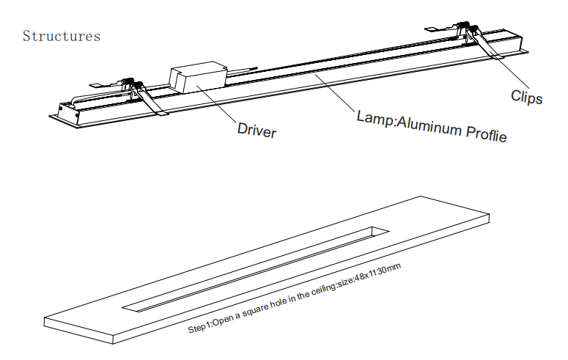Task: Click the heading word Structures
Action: [x=62, y=36]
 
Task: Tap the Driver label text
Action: [x=257, y=131]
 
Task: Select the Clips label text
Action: [x=526, y=96]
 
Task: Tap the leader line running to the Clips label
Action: [x=506, y=69]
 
